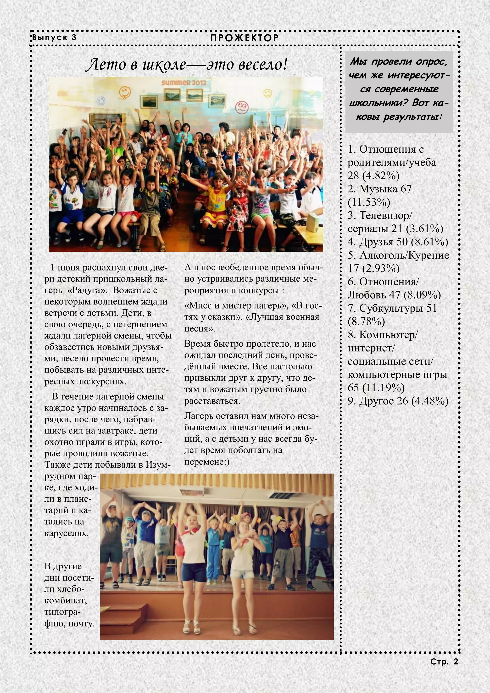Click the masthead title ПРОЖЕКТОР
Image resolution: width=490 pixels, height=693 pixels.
pyautogui.click(x=245, y=38)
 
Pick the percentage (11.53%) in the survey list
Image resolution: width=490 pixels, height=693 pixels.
pyautogui.click(x=369, y=202)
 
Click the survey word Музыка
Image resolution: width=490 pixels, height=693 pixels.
pyautogui.click(x=378, y=189)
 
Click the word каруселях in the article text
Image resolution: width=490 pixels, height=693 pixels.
pyautogui.click(x=67, y=533)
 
